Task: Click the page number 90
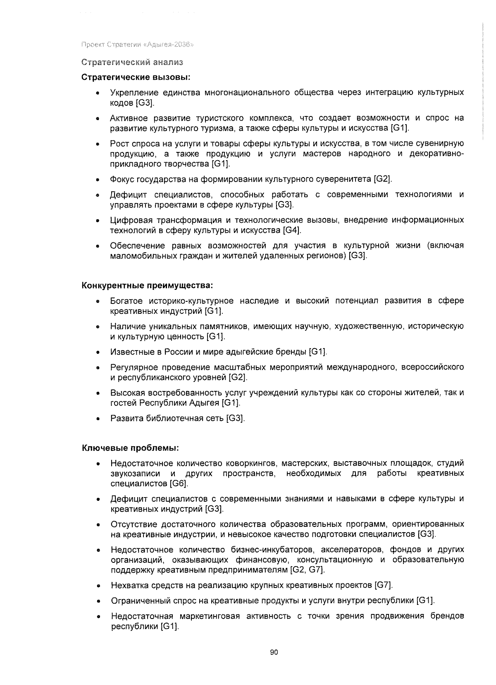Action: pos(274,652)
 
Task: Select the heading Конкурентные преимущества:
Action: pos(147,285)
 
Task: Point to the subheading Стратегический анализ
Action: pos(132,62)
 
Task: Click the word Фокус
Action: pos(121,179)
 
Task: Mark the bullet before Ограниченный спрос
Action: pos(98,601)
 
